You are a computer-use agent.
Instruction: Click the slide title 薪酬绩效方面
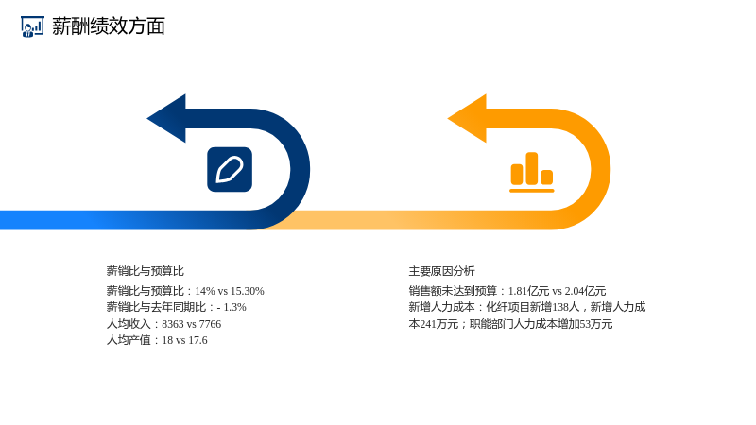pos(109,26)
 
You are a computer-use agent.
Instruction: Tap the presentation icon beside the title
pos(32,26)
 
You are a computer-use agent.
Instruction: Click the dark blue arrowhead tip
pos(147,118)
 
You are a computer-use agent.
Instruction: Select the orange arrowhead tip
pos(448,118)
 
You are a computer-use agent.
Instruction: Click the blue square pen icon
pos(230,170)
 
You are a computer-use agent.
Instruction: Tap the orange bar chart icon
pos(532,173)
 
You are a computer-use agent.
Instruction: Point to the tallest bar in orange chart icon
pos(532,169)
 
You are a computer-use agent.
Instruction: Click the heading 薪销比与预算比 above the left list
pos(146,271)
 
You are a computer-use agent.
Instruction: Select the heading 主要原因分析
pos(441,271)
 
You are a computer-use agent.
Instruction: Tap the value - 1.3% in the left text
pos(232,308)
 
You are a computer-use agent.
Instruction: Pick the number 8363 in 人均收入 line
pos(173,324)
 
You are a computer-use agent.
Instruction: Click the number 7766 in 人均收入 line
pos(210,324)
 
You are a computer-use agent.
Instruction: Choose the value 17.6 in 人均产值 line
pos(198,340)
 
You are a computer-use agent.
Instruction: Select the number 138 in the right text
pos(560,308)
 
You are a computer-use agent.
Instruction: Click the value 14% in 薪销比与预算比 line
pos(205,291)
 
